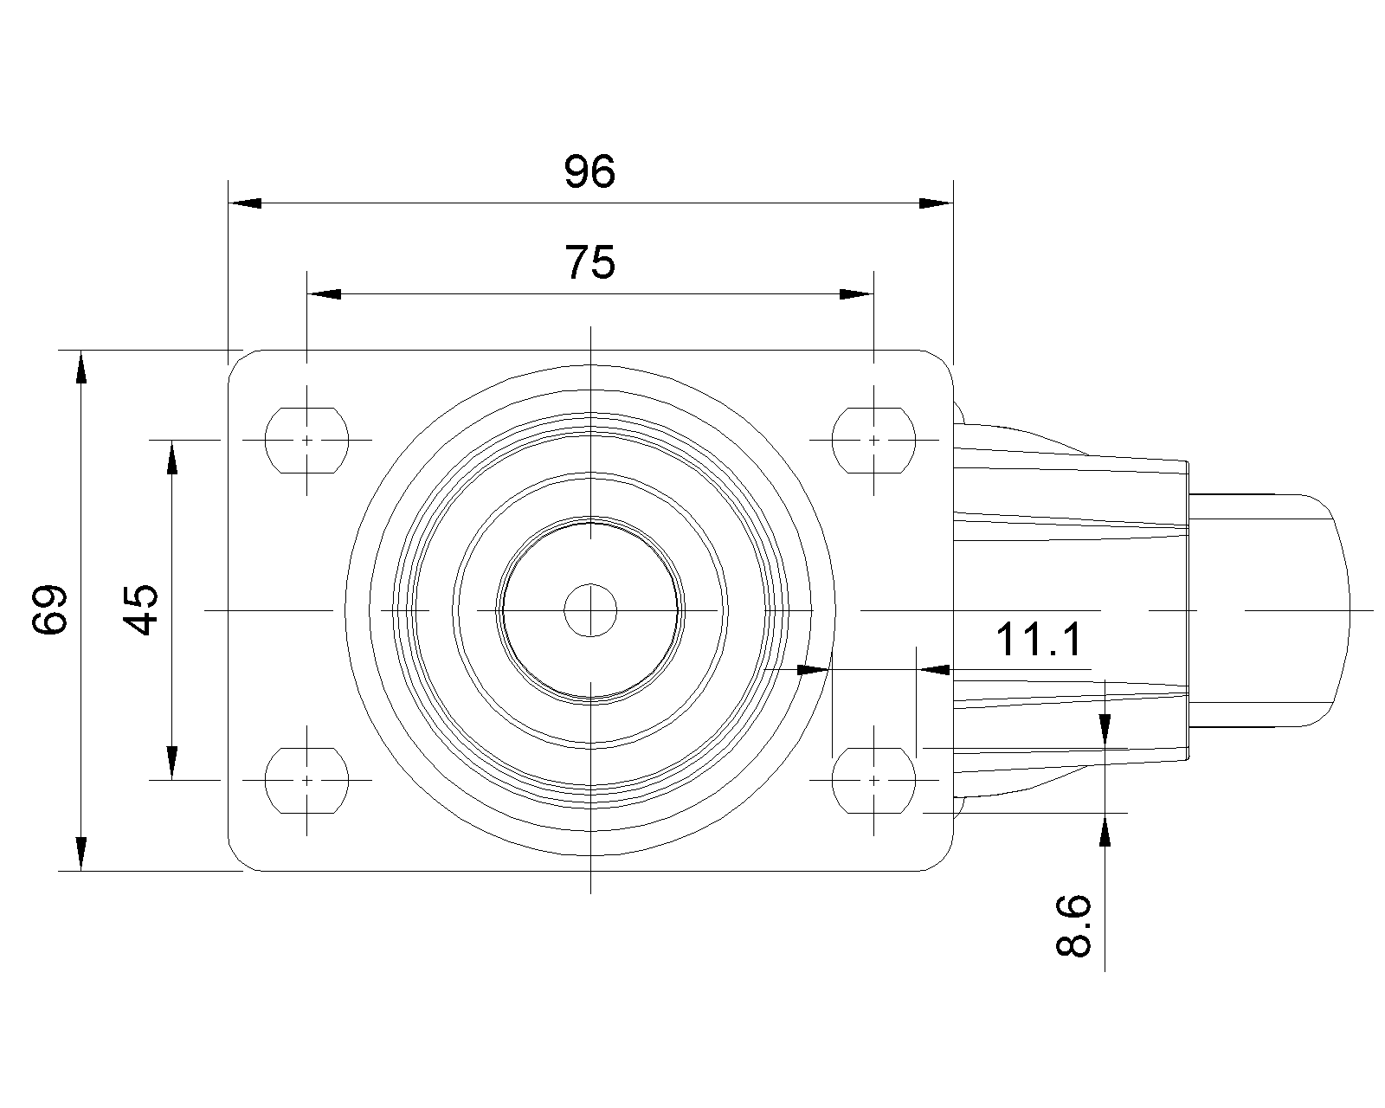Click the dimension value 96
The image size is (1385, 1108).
(x=589, y=171)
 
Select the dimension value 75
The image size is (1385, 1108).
(x=589, y=262)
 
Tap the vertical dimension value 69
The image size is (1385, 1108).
(x=49, y=609)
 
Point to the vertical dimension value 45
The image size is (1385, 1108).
(x=140, y=609)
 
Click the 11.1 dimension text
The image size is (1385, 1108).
(x=1039, y=640)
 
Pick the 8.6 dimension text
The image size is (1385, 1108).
(x=1073, y=925)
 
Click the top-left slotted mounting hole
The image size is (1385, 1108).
(x=307, y=441)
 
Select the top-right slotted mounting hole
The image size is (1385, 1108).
(x=873, y=441)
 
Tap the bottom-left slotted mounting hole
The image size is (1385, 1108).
(x=307, y=780)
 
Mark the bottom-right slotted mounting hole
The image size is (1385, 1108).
(x=873, y=780)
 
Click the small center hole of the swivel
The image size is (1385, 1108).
(x=590, y=610)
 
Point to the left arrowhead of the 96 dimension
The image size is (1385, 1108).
(x=245, y=203)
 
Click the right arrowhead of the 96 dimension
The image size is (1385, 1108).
(x=936, y=203)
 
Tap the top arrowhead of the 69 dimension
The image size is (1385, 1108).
(x=81, y=367)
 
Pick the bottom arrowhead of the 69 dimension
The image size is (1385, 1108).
(x=81, y=854)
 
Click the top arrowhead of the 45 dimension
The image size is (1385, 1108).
(x=172, y=457)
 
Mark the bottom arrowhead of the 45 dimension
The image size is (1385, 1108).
(x=172, y=763)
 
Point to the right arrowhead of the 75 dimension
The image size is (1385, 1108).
(x=857, y=294)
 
